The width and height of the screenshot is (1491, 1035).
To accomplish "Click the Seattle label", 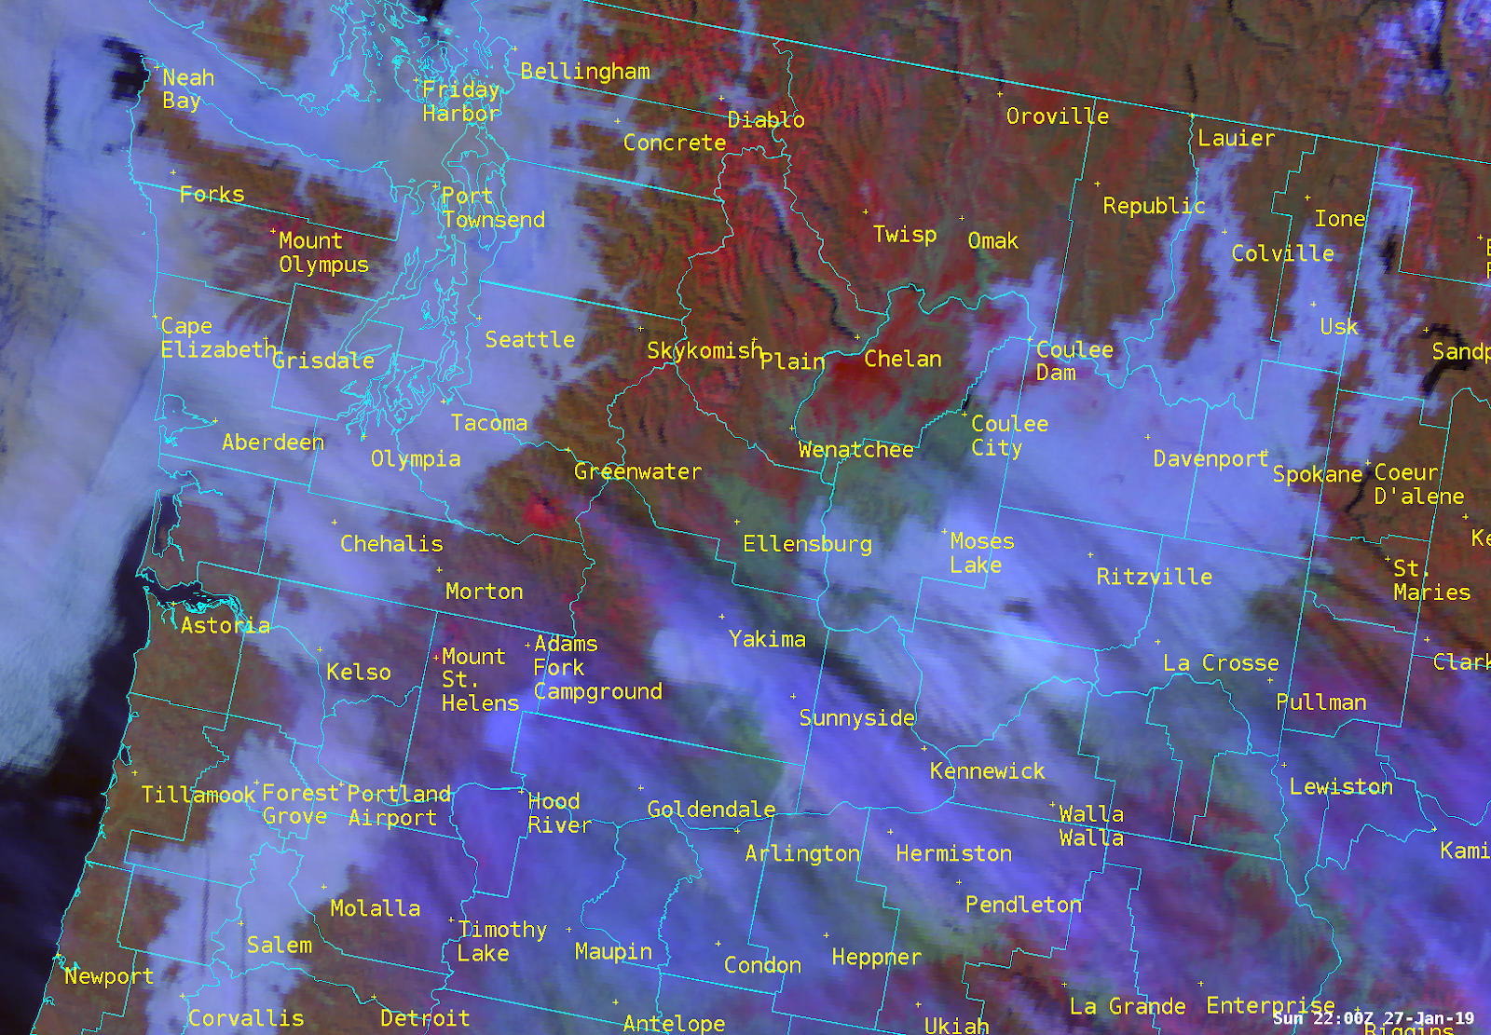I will (x=529, y=340).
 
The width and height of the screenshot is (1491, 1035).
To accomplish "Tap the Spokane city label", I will (x=1318, y=474).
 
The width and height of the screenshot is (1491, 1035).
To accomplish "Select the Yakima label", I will (x=767, y=639).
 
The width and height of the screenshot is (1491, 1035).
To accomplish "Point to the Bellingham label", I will (x=585, y=72).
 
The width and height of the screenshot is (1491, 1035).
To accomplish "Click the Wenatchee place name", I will (x=855, y=450).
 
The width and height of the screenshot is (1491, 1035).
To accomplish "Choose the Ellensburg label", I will (x=807, y=544).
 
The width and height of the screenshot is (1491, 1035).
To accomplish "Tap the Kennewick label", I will (x=987, y=771).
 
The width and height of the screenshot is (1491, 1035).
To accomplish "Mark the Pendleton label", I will (x=1023, y=905).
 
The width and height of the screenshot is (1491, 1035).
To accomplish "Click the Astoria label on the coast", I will (x=226, y=626).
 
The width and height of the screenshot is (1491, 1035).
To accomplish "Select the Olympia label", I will (x=416, y=459).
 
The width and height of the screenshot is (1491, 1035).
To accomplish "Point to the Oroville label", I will (x=1058, y=116).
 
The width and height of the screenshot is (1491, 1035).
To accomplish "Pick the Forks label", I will (x=212, y=195).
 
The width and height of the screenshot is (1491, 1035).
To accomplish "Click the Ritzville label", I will (x=1154, y=578).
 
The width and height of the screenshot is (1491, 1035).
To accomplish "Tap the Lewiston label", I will (x=1341, y=787).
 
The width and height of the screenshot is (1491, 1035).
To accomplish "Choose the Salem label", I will (x=280, y=946).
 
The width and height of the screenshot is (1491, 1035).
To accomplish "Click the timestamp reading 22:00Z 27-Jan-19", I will (x=1374, y=1018).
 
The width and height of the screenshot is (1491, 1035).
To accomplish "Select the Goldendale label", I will (x=711, y=810).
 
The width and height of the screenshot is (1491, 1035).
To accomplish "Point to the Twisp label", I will (x=904, y=235).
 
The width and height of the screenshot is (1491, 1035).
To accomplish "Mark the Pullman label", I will (x=1320, y=702).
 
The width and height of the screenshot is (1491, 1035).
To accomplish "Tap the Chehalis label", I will (x=391, y=544).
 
